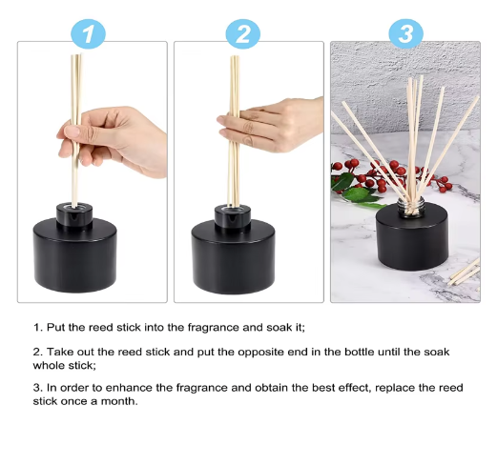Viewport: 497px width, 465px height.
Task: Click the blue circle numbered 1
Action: [x=90, y=35]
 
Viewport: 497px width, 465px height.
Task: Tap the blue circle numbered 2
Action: [x=243, y=35]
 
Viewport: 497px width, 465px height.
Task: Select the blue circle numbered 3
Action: [x=405, y=35]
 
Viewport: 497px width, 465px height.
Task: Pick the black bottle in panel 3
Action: [x=412, y=237]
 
